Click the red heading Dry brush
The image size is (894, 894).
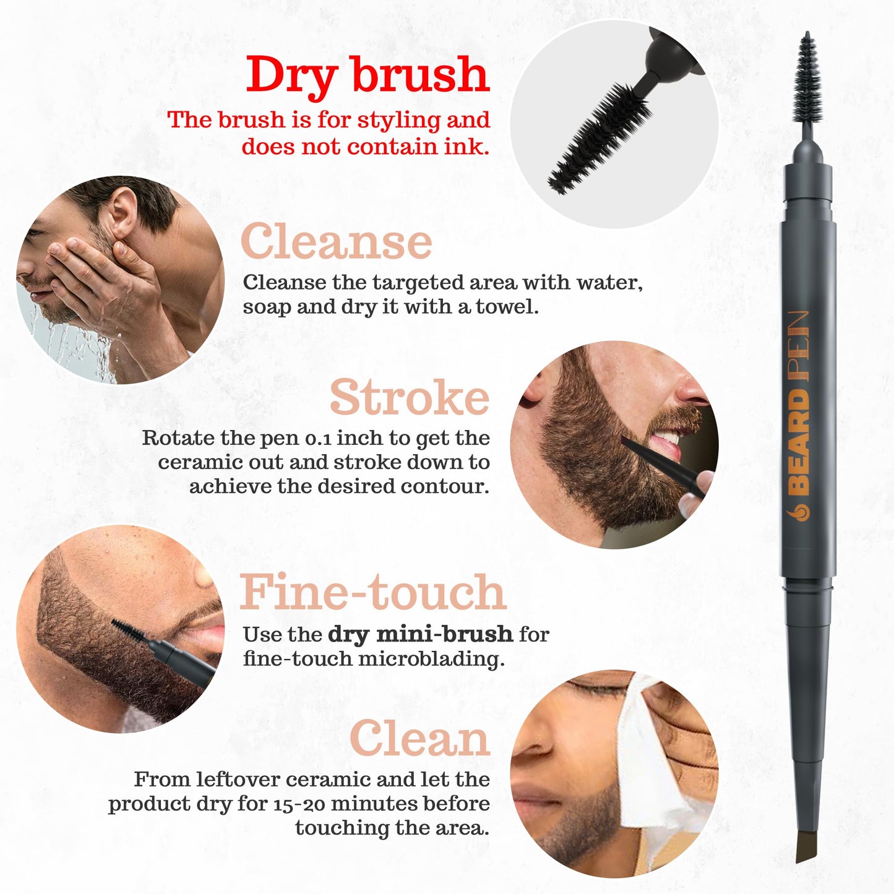[x=367, y=75]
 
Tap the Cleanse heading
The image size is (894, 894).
[x=336, y=242]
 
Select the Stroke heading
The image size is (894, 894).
[x=409, y=397]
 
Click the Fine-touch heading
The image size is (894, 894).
[x=372, y=592]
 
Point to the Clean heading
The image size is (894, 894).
[x=419, y=739]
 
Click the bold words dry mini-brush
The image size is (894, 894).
[x=420, y=634]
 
